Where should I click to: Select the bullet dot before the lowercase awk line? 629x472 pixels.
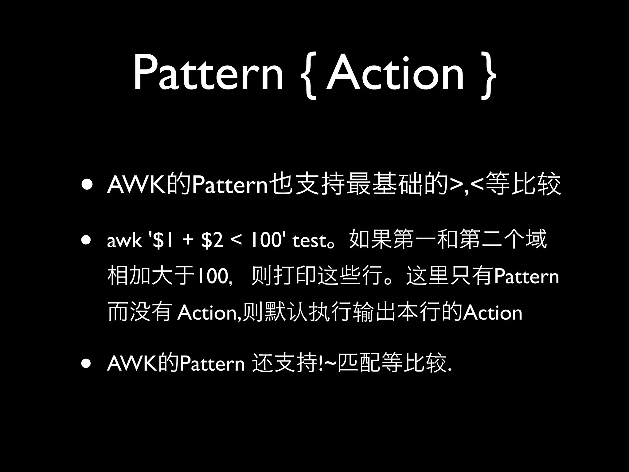(x=86, y=240)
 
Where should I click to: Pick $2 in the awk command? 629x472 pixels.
(x=212, y=241)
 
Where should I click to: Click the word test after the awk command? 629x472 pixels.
(x=309, y=241)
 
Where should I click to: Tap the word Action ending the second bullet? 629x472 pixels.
(x=493, y=313)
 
